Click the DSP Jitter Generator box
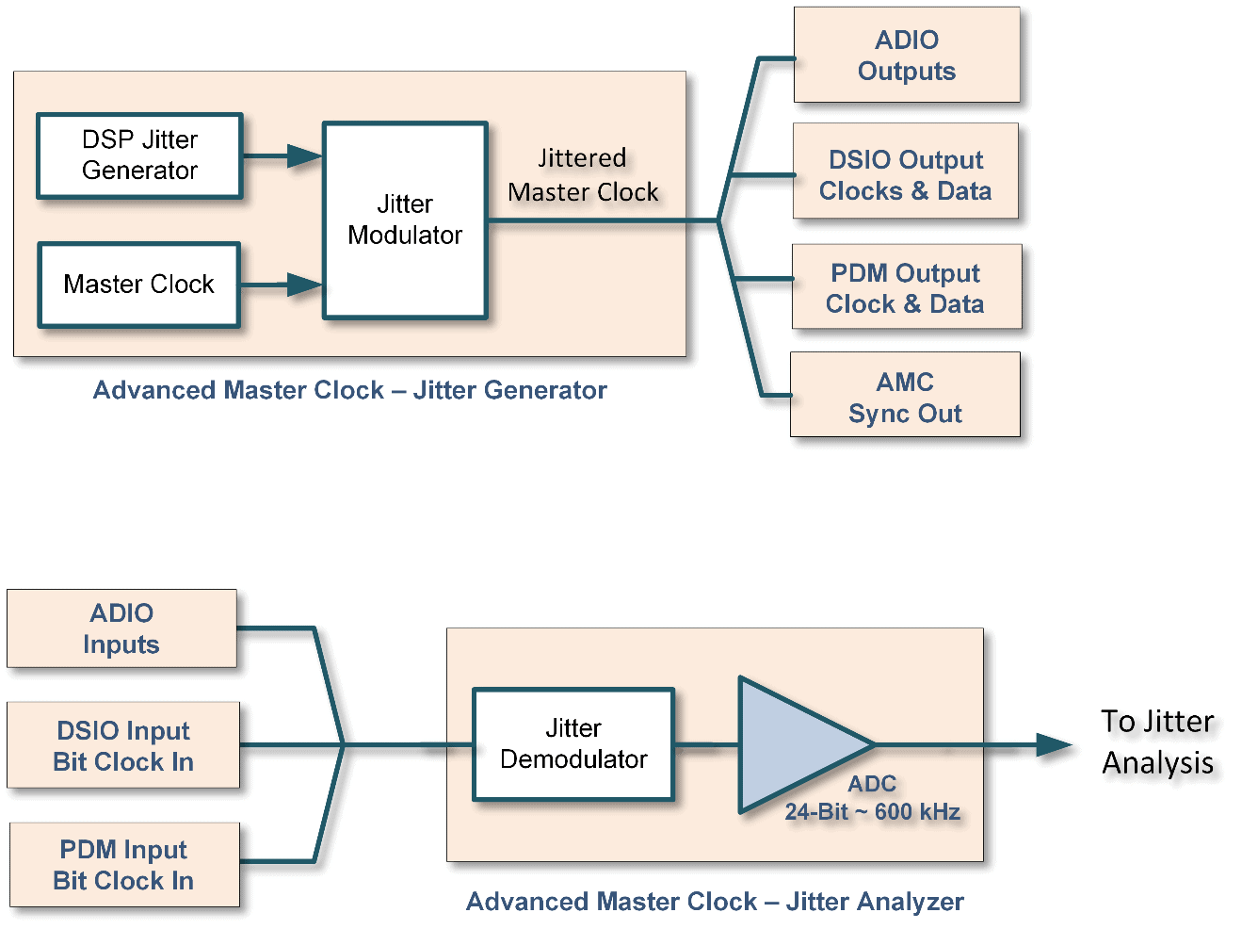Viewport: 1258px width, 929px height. pos(139,155)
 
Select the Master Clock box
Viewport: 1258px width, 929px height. pos(139,285)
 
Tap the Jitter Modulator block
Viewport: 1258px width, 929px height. pos(405,220)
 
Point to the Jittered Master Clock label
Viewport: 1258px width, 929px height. pos(583,175)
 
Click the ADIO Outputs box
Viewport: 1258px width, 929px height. pos(906,56)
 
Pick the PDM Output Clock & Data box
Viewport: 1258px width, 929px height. pos(906,287)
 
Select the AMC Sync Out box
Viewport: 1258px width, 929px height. pos(905,396)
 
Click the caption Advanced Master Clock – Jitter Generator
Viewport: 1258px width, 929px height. pos(349,390)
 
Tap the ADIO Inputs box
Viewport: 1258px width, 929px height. pos(121,628)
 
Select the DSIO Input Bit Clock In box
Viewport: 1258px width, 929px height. pos(123,745)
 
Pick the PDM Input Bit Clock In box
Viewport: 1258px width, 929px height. pos(123,865)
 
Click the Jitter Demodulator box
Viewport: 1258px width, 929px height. pos(573,744)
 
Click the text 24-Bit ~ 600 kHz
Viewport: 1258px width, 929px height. pos(872,812)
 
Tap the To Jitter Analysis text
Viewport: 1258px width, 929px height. pos(1157,742)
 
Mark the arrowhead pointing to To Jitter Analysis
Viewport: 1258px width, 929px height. pos(1054,745)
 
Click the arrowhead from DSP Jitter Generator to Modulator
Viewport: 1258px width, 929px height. pos(304,156)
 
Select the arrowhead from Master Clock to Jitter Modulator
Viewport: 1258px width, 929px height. pos(304,285)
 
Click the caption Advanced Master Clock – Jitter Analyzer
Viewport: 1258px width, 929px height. pos(715,902)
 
